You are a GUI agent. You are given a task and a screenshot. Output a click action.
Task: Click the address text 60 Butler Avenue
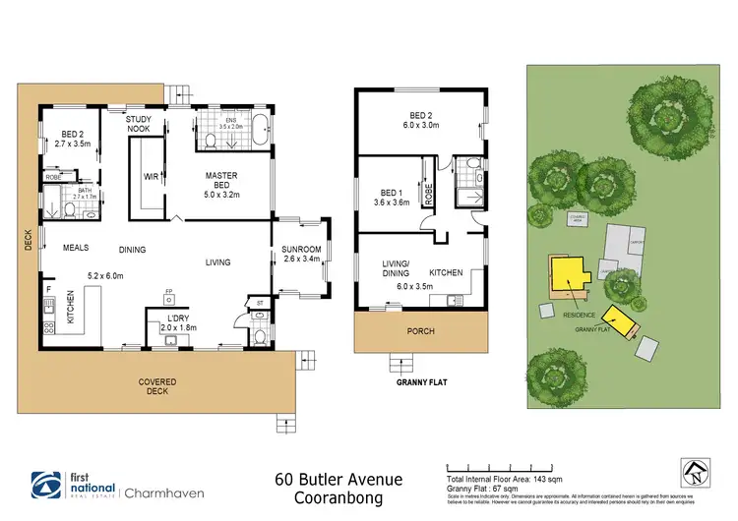tap(338, 479)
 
